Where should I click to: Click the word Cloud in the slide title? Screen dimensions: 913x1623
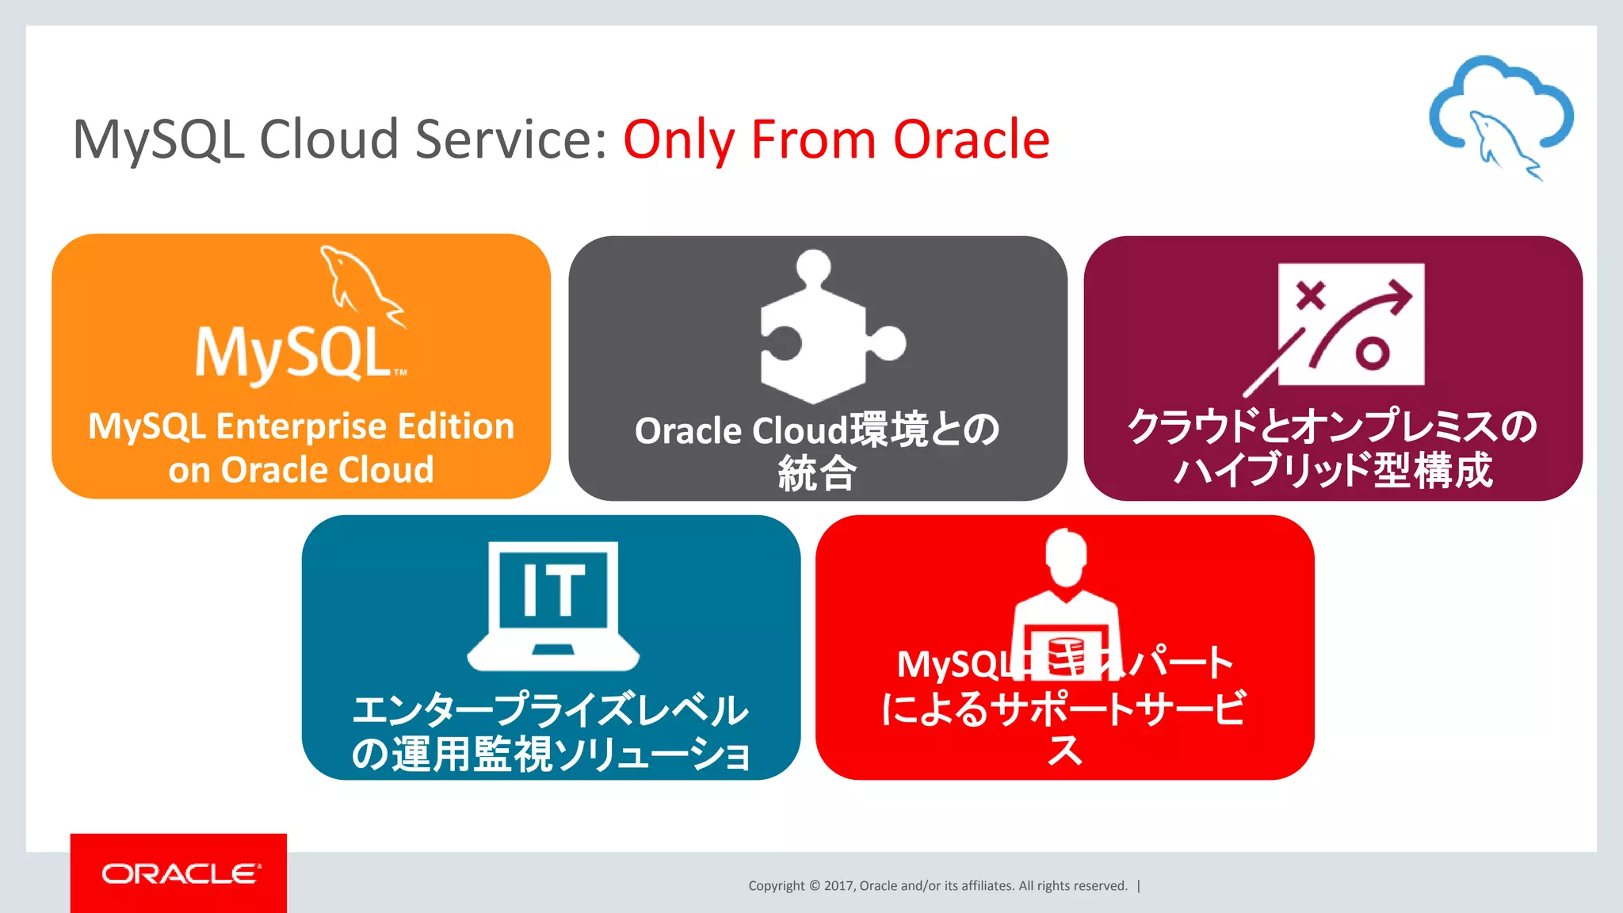click(x=329, y=139)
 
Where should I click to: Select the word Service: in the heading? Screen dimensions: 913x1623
click(x=511, y=139)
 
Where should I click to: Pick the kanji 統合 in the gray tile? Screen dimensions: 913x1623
click(x=817, y=474)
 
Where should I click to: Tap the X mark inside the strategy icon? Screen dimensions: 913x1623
click(x=1311, y=296)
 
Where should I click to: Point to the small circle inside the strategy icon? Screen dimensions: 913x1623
click(x=1372, y=353)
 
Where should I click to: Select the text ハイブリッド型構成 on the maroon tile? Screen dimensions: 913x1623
click(x=1333, y=470)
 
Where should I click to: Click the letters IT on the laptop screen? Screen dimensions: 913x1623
click(x=553, y=590)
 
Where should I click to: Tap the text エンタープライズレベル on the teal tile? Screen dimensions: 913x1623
click(x=550, y=709)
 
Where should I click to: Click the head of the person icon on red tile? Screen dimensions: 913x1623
click(x=1066, y=557)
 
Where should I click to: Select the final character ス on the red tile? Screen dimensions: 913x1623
click(x=1064, y=750)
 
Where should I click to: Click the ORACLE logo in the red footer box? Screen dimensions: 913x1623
click(x=180, y=873)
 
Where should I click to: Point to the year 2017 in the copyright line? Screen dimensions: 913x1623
click(x=838, y=886)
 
